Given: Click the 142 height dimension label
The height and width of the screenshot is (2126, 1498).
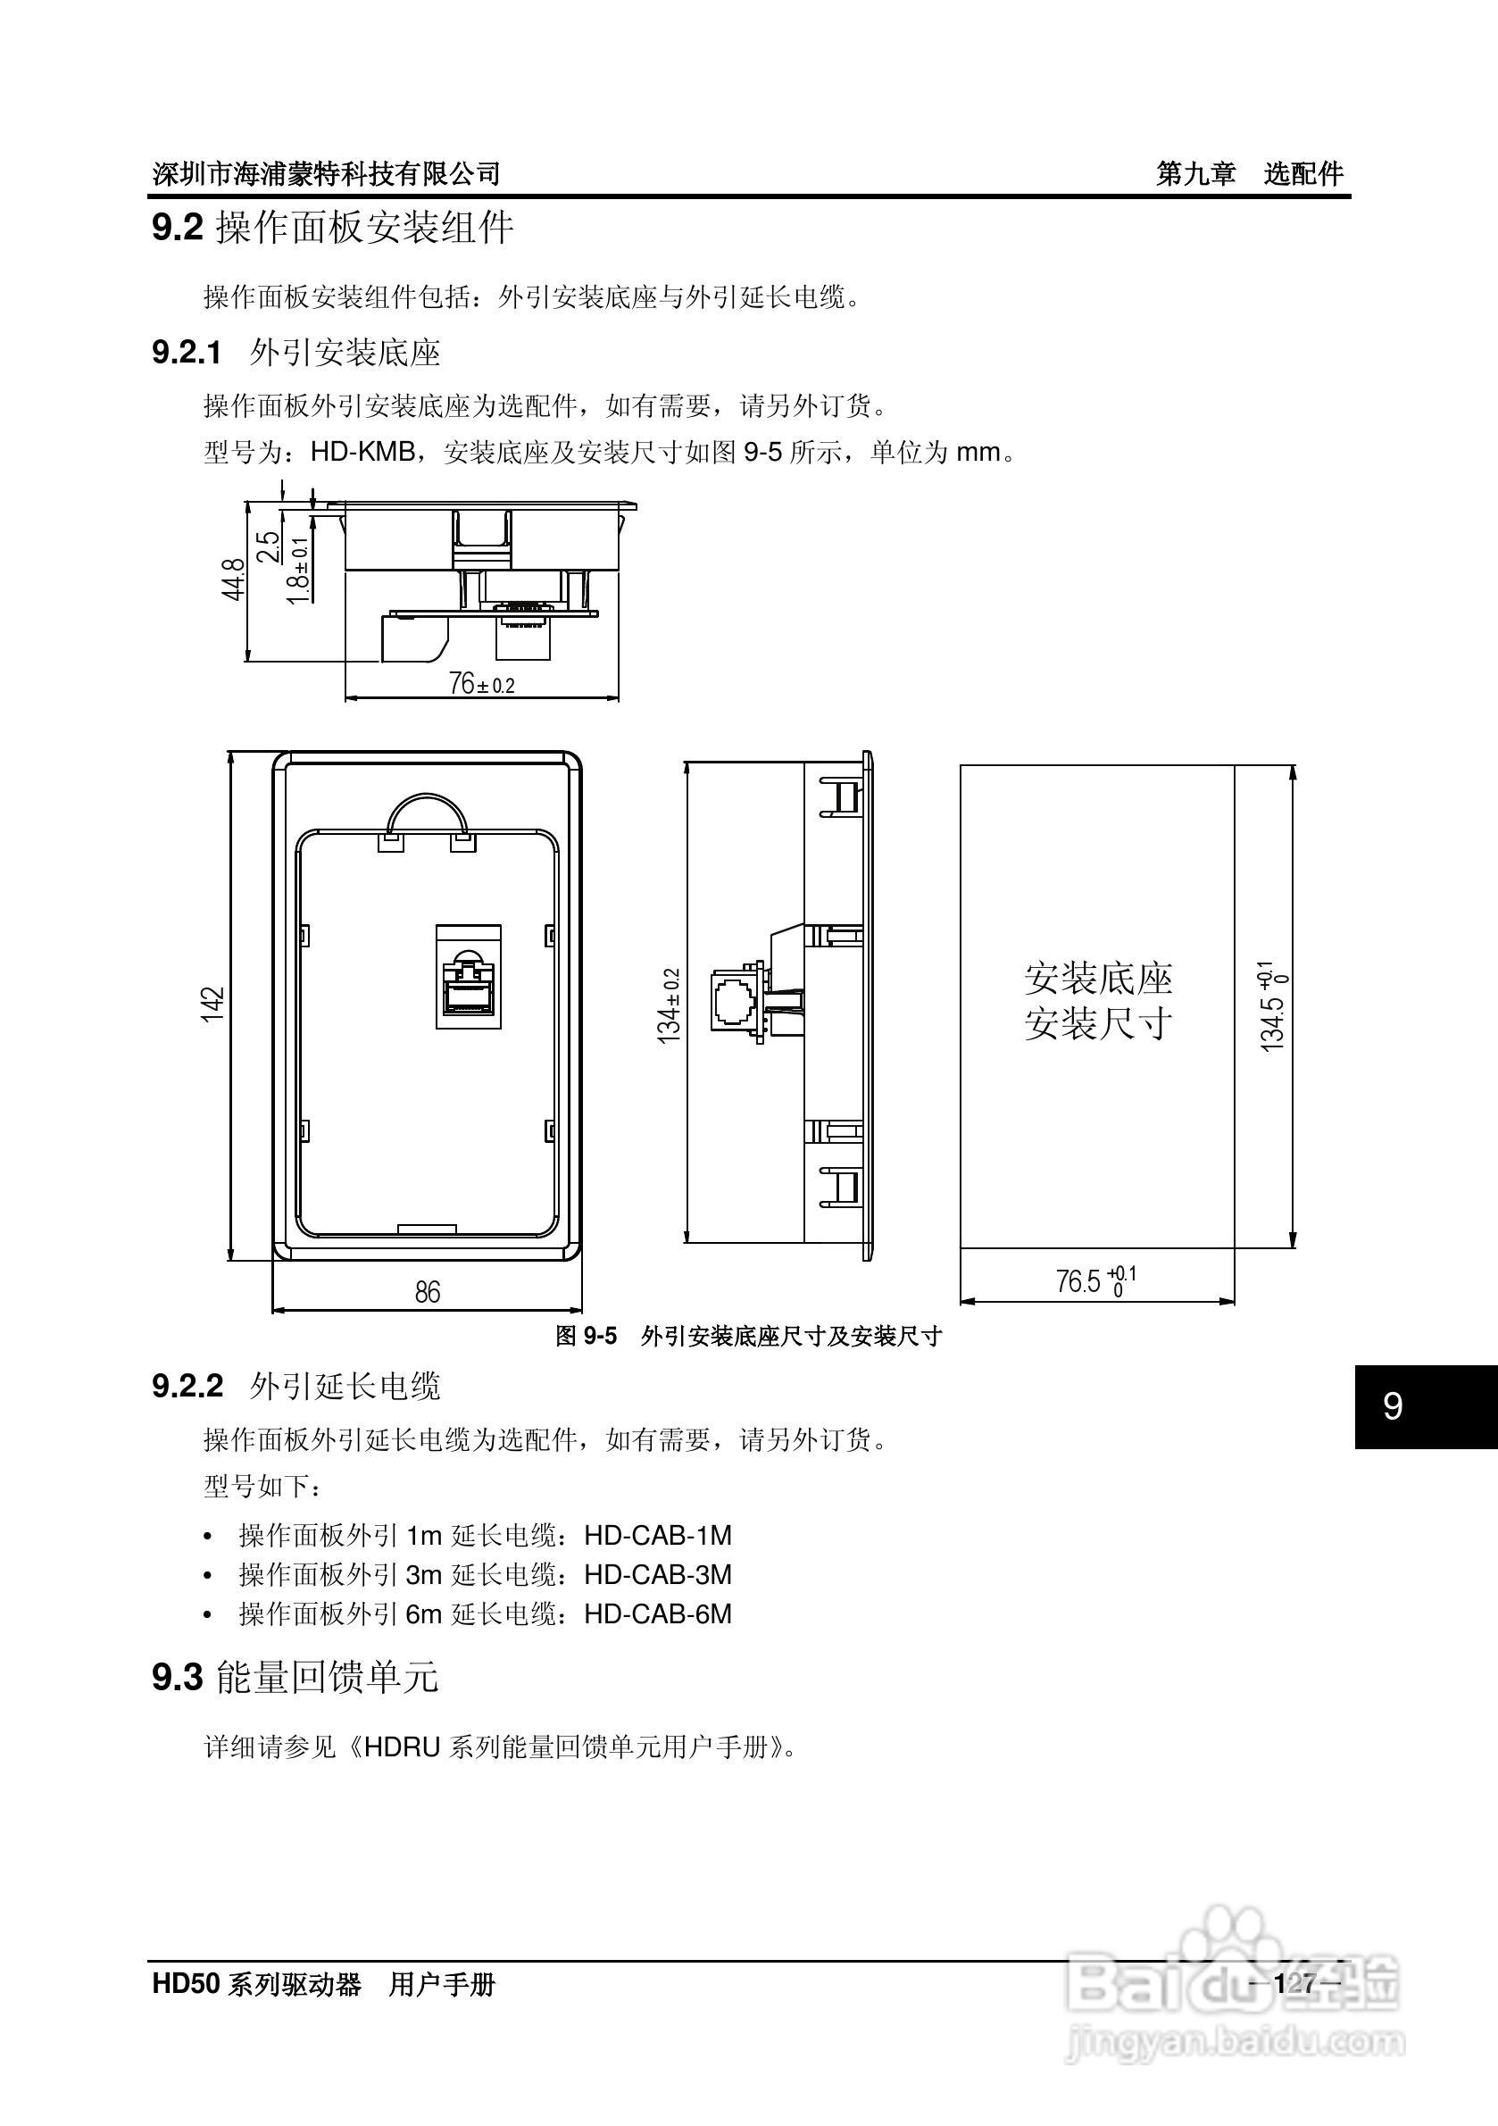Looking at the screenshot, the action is pyautogui.click(x=213, y=1005).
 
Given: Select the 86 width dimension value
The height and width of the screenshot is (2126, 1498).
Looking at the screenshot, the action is pyautogui.click(x=427, y=1292).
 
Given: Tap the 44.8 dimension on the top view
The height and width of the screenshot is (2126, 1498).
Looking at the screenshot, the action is pyautogui.click(x=234, y=579).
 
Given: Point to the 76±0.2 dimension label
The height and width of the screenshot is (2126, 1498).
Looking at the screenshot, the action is pyautogui.click(x=481, y=684).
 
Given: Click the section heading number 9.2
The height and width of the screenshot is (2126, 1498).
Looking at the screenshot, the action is pyautogui.click(x=177, y=228).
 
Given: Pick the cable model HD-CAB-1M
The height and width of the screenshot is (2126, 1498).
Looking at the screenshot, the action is pyautogui.click(x=657, y=1535).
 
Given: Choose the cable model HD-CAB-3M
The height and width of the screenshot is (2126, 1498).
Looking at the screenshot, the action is pyautogui.click(x=657, y=1574).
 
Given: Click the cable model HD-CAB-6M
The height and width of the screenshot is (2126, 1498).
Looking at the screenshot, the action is pyautogui.click(x=657, y=1614).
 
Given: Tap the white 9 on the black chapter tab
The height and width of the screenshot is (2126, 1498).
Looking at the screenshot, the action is pyautogui.click(x=1393, y=1405).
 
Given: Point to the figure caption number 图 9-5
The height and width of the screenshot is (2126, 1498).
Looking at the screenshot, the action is pyautogui.click(x=586, y=1335).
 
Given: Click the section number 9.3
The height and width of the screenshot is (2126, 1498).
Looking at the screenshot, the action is pyautogui.click(x=177, y=1677).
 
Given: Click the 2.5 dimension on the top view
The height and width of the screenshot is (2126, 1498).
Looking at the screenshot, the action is pyautogui.click(x=269, y=546).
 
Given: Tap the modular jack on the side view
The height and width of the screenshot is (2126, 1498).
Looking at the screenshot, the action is pyautogui.click(x=738, y=1001).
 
